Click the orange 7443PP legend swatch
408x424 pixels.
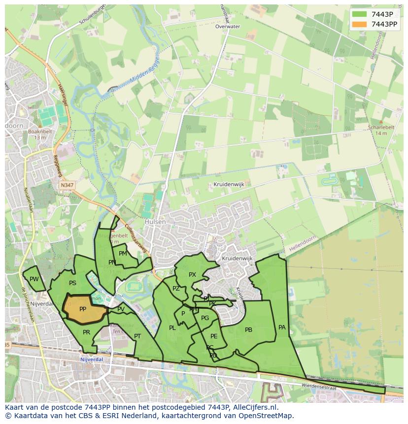click(360, 24)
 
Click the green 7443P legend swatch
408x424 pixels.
click(360, 14)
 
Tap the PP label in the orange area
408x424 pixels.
click(83, 309)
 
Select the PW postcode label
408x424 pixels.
click(34, 279)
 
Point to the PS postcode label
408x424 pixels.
click(72, 283)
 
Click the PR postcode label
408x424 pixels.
click(87, 332)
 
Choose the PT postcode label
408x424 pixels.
click(137, 336)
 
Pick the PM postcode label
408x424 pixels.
click(123, 254)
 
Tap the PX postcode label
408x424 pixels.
click(192, 275)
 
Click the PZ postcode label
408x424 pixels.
click(176, 289)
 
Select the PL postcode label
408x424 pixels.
click(172, 328)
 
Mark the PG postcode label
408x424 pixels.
click(205, 318)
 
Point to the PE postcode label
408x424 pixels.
click(214, 336)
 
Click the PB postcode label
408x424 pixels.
click(248, 330)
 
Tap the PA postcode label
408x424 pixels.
click(282, 327)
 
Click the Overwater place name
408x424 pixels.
click(228, 27)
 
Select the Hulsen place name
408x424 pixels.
click(155, 222)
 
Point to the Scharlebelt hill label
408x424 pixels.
click(381, 127)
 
